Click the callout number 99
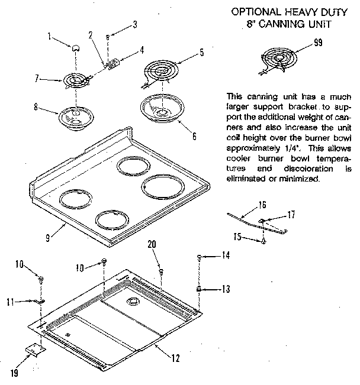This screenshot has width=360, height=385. [319, 41]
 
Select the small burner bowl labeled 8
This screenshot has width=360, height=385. [72, 116]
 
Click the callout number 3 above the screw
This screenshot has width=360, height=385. [134, 24]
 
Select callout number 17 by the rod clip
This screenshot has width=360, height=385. [291, 215]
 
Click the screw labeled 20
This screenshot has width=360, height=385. [161, 271]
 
